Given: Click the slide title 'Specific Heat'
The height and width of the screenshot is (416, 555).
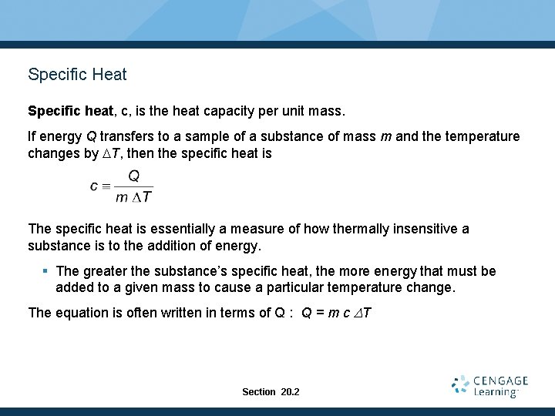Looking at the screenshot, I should (77, 75).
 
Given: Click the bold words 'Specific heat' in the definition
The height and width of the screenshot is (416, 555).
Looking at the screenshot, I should (70, 111).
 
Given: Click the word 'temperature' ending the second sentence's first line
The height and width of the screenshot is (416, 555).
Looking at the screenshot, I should (481, 136).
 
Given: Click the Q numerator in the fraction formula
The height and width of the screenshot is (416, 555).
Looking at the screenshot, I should (133, 176).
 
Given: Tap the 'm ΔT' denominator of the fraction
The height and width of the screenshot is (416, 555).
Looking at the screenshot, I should (133, 196).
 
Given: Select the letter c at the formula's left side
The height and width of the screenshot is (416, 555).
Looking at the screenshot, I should (94, 186).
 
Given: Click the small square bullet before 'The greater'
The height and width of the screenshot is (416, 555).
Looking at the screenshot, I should (45, 271).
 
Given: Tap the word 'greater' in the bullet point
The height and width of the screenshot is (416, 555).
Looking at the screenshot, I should (107, 271).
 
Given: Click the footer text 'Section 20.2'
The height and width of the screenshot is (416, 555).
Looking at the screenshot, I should (271, 392).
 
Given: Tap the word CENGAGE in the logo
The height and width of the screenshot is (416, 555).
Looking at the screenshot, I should (501, 381).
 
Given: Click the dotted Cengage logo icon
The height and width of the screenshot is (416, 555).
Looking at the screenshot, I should (461, 385).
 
